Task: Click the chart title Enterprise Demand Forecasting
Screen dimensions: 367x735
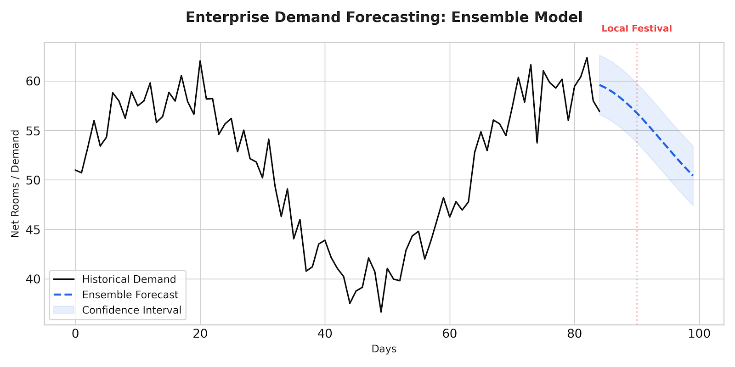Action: coord(384,17)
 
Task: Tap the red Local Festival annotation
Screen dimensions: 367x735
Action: coord(636,28)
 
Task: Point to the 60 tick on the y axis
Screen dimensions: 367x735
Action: coord(33,81)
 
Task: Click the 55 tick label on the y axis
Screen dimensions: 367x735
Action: coord(33,131)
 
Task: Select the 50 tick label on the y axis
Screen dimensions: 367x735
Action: coord(33,180)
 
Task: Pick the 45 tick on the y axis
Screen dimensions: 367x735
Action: coord(33,229)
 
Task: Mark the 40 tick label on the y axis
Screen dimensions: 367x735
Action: coord(33,279)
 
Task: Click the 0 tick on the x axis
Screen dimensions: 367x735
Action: coord(75,334)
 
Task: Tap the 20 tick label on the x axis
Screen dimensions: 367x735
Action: coord(200,334)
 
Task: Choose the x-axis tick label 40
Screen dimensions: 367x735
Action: coord(325,334)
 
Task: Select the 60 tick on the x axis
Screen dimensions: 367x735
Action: coord(450,334)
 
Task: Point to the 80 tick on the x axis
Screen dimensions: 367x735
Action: coord(575,334)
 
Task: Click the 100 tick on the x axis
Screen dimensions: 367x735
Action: coord(699,334)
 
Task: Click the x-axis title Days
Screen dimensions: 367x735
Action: coord(384,349)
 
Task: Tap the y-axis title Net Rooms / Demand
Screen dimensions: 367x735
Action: coord(16,183)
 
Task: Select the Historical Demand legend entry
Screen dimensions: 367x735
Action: coord(129,279)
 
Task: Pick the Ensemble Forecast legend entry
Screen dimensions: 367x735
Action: coord(130,295)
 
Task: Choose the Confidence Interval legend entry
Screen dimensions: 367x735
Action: coord(131,310)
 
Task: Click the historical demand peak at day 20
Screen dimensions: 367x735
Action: coord(200,61)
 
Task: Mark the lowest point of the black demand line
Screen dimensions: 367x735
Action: coord(381,312)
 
